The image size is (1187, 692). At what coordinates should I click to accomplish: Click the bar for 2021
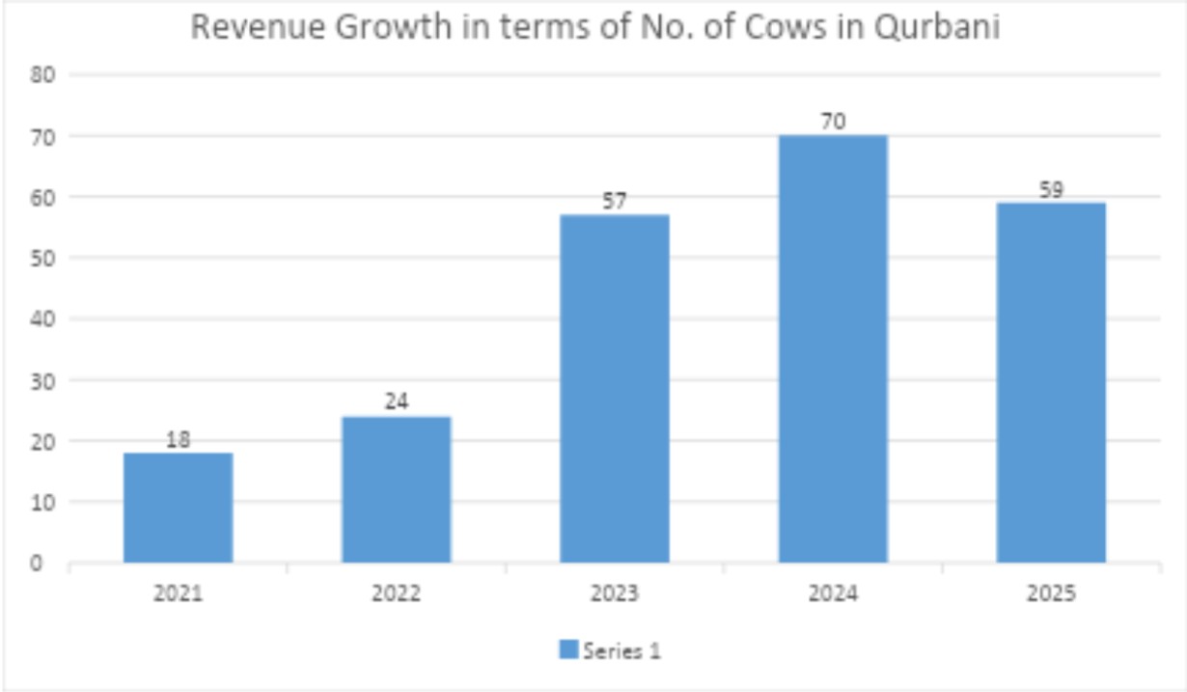[x=178, y=508]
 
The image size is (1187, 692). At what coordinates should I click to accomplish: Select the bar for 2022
[x=396, y=489]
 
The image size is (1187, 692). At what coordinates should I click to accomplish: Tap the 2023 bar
[x=614, y=388]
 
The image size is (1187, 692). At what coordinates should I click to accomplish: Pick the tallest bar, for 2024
[x=833, y=348]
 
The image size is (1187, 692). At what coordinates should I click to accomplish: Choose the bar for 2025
[x=1051, y=382]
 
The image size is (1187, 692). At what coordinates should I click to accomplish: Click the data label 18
[x=178, y=440]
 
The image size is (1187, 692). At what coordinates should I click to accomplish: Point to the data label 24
[x=396, y=401]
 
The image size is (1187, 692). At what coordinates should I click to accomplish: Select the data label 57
[x=614, y=202]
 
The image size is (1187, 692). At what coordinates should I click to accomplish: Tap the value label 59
[x=1051, y=190]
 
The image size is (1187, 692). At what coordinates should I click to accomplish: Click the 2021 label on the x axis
[x=178, y=593]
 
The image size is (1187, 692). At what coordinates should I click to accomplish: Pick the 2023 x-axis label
[x=614, y=593]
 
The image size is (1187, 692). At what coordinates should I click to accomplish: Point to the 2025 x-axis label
[x=1051, y=593]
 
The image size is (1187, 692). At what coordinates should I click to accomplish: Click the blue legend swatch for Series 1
[x=568, y=650]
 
